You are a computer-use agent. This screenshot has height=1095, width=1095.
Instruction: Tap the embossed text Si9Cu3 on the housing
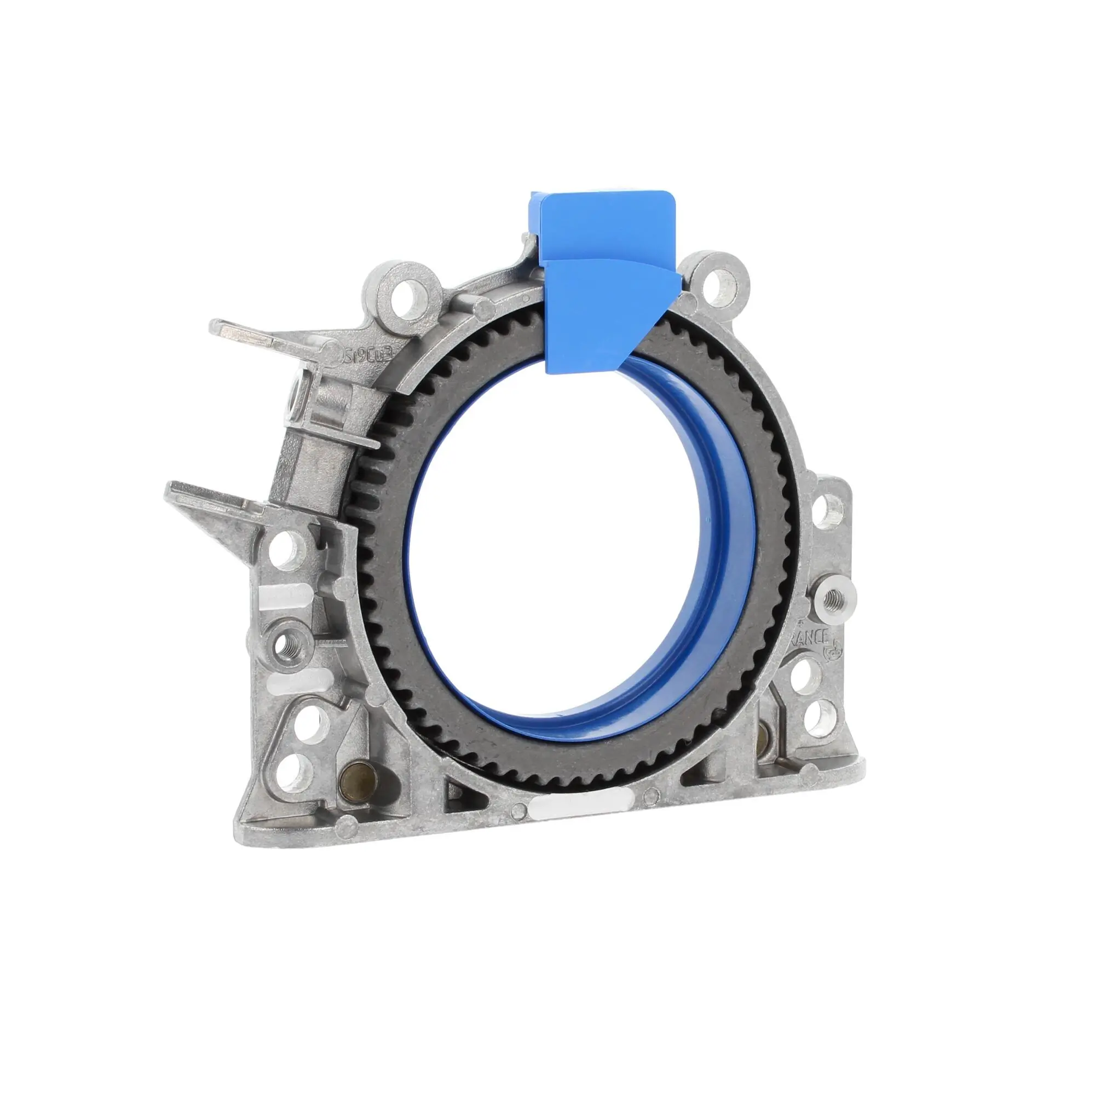click(x=365, y=355)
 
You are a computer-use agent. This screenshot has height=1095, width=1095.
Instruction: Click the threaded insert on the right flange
click(x=833, y=596)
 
